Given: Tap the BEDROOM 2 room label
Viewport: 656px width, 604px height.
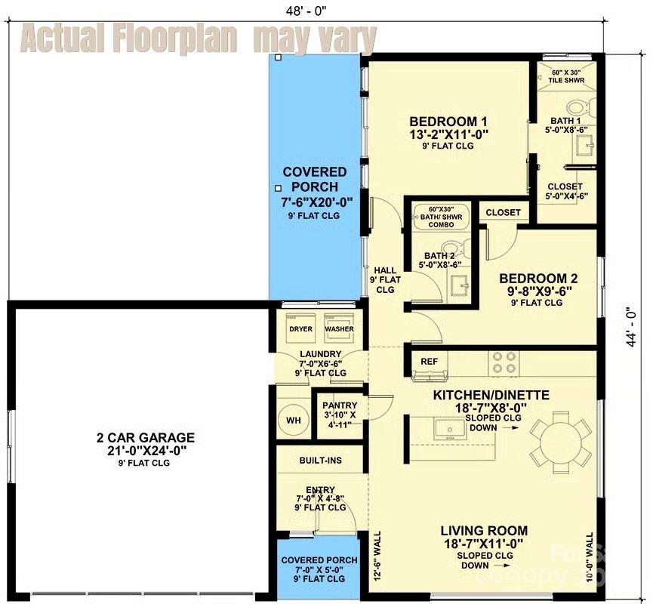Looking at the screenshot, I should tap(537, 278).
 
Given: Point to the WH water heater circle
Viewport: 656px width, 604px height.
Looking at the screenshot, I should tap(293, 420).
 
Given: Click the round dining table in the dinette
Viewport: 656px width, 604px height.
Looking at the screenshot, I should tap(559, 437).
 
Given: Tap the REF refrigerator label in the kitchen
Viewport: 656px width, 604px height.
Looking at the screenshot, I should tap(430, 362).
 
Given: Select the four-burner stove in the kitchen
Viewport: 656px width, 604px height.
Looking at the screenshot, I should tap(504, 362).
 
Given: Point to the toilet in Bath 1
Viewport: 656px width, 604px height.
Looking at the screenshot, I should tap(581, 107).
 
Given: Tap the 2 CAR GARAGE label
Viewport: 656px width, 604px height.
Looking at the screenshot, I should tap(135, 437).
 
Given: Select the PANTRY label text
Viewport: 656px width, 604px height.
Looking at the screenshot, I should tap(340, 405).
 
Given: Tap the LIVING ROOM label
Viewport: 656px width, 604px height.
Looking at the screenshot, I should tap(484, 531).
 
